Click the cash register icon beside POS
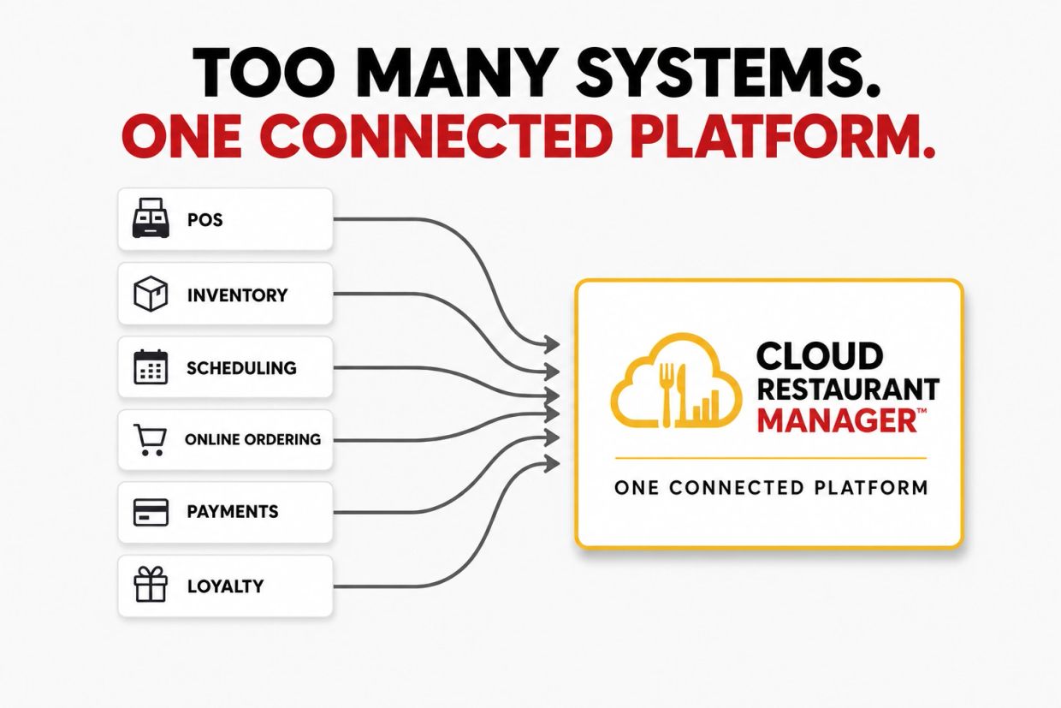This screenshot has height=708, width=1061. pos(151,218)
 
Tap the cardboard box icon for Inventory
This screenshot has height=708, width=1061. pos(151,294)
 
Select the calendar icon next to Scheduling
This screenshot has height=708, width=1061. pos(151,366)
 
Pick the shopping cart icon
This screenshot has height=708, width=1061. pos(150,440)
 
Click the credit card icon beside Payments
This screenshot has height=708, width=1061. pos(151,512)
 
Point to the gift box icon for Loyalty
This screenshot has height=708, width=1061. pos(151,585)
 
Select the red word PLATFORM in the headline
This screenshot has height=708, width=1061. pos(782,135)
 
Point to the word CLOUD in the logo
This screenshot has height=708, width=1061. pos(820,355)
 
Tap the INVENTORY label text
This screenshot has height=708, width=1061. pos(237,295)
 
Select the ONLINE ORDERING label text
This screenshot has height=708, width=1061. pos(253,440)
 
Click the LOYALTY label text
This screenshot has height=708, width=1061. pos(226,586)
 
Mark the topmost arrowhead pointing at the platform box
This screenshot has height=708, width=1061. pos(552,344)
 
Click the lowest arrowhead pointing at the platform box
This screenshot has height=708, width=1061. pos(552,463)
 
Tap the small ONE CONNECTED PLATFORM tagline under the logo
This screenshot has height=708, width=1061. pos(771,488)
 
